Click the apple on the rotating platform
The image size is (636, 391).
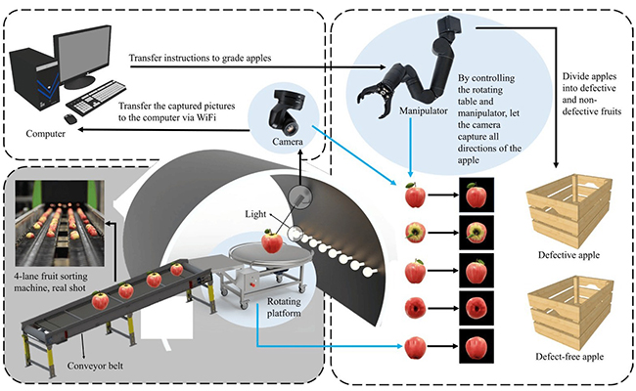(271, 239)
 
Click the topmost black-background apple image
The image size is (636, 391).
(477, 195)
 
